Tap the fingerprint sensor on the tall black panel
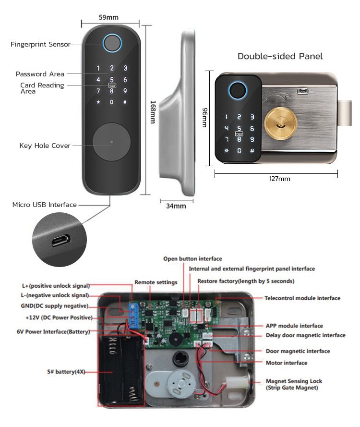(x=112, y=44)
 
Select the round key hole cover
(x=111, y=143)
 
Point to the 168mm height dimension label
(x=153, y=112)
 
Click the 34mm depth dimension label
(x=176, y=206)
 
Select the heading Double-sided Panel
(x=280, y=56)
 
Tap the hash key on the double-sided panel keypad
(x=252, y=151)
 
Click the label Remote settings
(x=156, y=282)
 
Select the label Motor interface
(x=286, y=363)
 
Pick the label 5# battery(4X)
(x=60, y=372)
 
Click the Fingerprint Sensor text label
(x=40, y=45)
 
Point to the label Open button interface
(x=192, y=259)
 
